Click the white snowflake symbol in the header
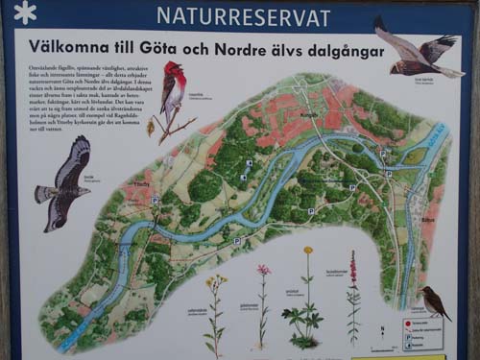(25, 12)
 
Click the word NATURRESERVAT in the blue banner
(243, 16)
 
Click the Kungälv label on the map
(309, 113)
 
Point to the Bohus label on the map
(426, 219)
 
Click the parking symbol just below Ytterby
(154, 201)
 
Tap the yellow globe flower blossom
(308, 251)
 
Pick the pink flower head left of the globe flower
(263, 270)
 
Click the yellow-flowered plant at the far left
(216, 284)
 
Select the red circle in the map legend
(407, 324)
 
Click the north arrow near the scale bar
(382, 330)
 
